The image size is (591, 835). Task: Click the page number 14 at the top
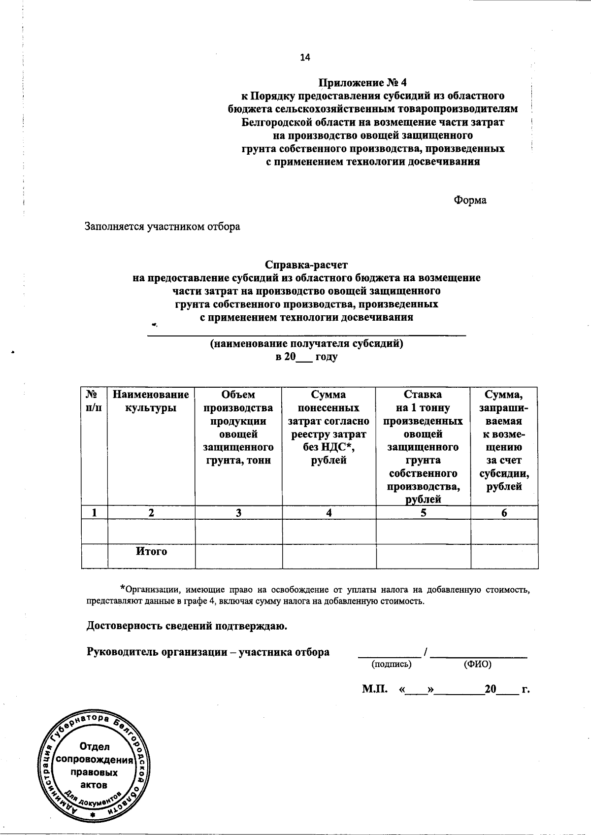click(305, 58)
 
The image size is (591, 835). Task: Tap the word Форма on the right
click(470, 200)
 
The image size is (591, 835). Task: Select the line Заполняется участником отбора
click(163, 227)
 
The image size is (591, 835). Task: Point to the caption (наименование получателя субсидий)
click(306, 343)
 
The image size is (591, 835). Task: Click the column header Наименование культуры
click(151, 401)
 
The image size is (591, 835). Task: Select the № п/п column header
click(94, 401)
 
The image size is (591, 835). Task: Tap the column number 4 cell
click(328, 512)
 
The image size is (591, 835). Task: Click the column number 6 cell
click(504, 512)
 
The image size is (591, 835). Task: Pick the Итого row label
click(151, 551)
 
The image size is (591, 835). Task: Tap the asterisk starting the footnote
click(123, 588)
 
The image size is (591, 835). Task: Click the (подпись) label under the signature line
click(392, 664)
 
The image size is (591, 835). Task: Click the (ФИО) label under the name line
click(477, 664)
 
